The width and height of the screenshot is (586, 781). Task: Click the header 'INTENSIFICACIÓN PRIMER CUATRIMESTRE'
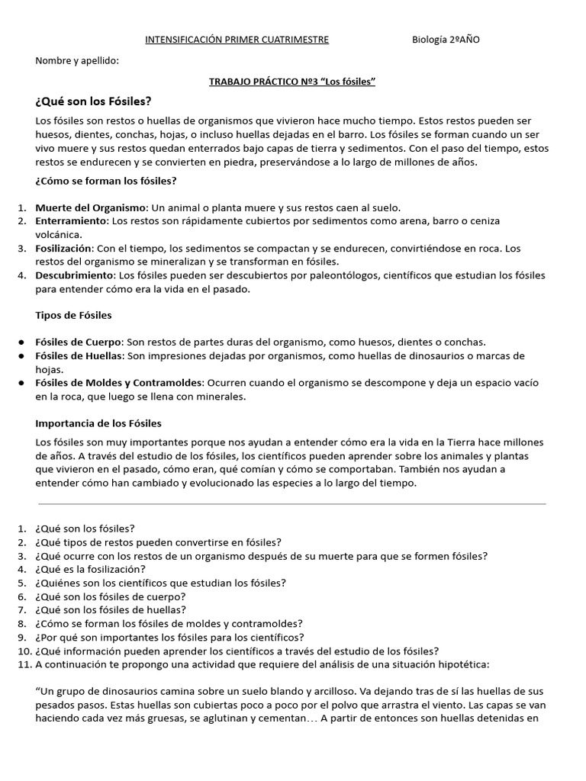(237, 40)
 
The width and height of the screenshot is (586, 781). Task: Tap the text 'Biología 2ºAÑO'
(446, 40)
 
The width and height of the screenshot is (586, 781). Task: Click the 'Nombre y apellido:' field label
(77, 60)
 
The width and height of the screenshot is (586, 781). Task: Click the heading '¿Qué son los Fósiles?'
(93, 101)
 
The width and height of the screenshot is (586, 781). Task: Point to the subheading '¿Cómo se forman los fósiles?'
(106, 181)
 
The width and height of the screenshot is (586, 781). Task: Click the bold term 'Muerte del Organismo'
(91, 207)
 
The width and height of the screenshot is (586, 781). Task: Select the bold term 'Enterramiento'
(71, 221)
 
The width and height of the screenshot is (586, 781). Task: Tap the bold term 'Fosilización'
(64, 249)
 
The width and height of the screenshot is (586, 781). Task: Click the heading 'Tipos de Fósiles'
(73, 315)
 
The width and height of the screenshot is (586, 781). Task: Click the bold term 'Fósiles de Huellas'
(79, 356)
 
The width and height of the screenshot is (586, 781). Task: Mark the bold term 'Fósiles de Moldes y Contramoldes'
(119, 383)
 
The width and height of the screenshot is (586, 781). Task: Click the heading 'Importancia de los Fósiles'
(98, 423)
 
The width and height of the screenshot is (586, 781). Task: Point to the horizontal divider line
(292, 503)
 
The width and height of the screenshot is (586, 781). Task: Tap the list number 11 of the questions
(22, 665)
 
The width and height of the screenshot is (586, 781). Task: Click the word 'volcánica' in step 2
(57, 235)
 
